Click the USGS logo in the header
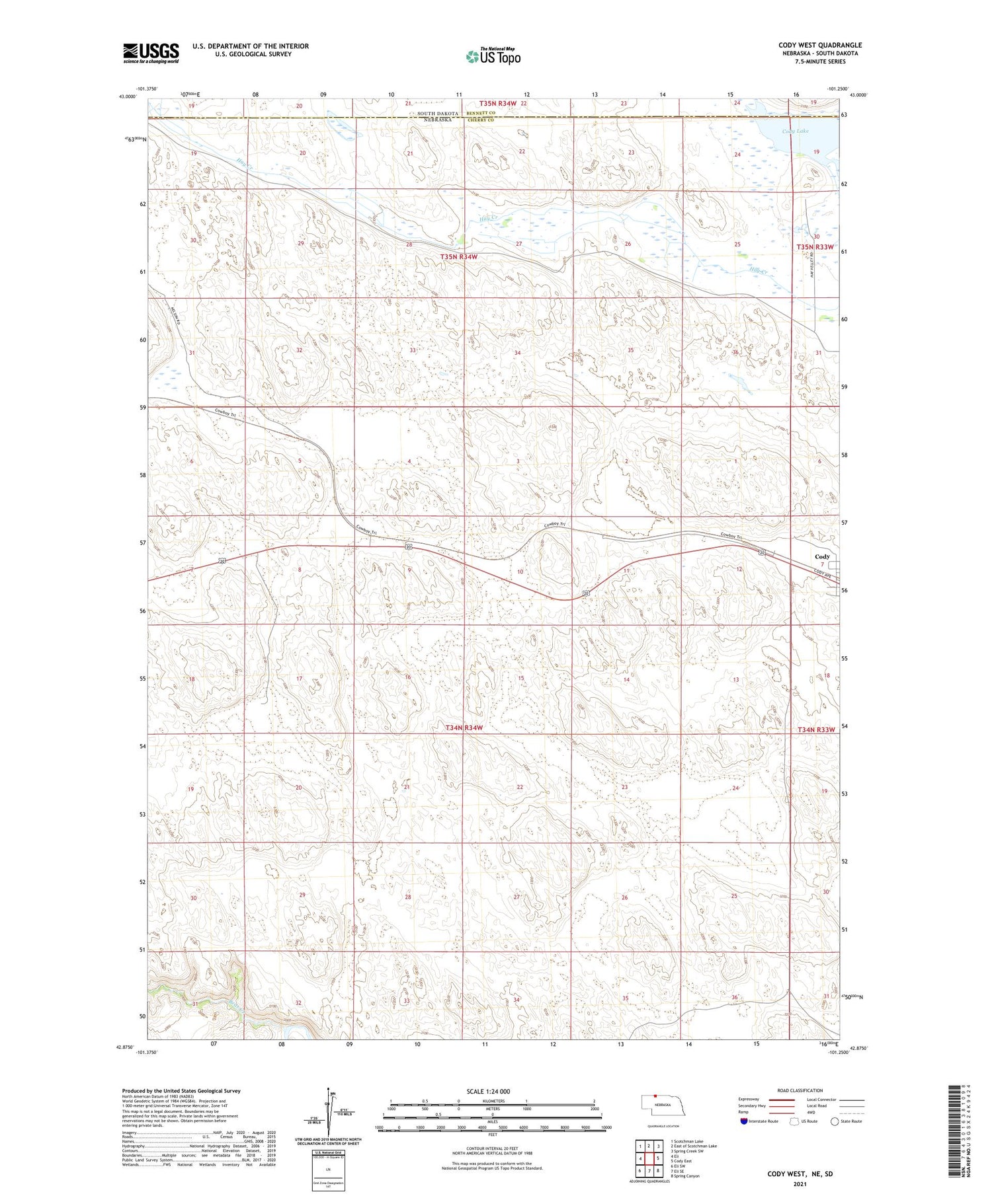click(151, 53)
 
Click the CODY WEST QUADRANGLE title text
click(819, 46)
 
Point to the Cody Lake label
click(795, 131)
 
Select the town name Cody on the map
click(822, 557)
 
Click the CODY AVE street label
click(822, 574)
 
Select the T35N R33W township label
click(815, 247)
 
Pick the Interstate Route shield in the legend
click(743, 1121)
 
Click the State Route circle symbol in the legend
click(835, 1121)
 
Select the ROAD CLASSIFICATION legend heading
click(800, 1090)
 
